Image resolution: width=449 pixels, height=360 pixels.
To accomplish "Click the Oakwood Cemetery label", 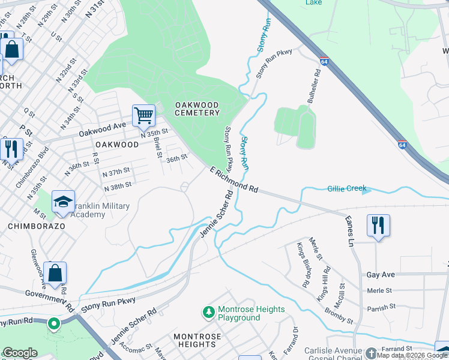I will (197, 109).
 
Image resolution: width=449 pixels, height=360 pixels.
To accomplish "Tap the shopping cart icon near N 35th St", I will (143, 114).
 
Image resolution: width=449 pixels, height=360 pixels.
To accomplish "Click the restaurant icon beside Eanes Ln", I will (378, 226).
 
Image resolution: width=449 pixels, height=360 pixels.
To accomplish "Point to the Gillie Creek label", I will (347, 188).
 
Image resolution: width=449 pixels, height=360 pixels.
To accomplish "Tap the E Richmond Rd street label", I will (234, 180).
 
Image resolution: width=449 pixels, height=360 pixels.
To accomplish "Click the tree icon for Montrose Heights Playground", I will (208, 312).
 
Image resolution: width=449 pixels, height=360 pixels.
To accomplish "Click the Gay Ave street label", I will (381, 274).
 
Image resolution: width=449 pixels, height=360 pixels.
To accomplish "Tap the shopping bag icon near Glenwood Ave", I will (55, 273).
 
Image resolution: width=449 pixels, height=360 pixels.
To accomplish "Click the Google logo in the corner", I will (20, 353).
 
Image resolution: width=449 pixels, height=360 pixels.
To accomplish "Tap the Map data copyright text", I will (411, 355).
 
